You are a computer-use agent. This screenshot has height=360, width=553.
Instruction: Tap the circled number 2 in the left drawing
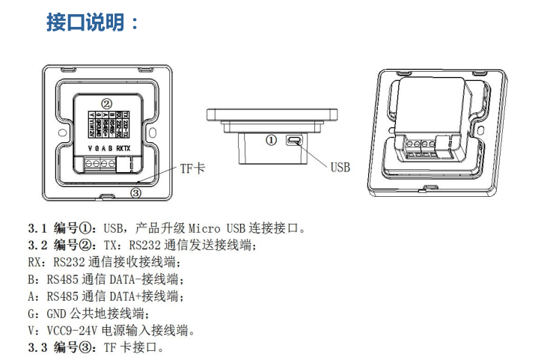point(107,103)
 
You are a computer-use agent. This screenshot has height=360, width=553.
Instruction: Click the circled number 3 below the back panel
point(135,192)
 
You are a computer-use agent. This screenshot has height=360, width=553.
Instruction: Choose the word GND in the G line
point(58,313)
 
